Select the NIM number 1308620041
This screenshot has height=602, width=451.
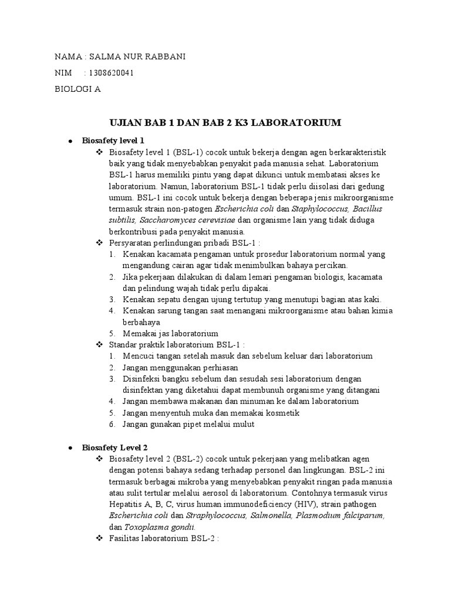tap(110, 73)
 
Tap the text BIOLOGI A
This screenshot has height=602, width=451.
tap(78, 89)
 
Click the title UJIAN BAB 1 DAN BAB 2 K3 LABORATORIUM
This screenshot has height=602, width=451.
tap(225, 123)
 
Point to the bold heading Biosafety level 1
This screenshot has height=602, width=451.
tap(113, 141)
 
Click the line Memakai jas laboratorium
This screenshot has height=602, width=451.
tap(170, 333)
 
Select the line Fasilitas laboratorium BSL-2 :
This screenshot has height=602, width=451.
tap(164, 538)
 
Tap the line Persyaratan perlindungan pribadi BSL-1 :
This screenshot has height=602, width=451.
tap(185, 243)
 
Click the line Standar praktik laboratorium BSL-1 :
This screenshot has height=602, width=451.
tap(177, 345)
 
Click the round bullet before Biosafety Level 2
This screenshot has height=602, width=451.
tap(70, 448)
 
